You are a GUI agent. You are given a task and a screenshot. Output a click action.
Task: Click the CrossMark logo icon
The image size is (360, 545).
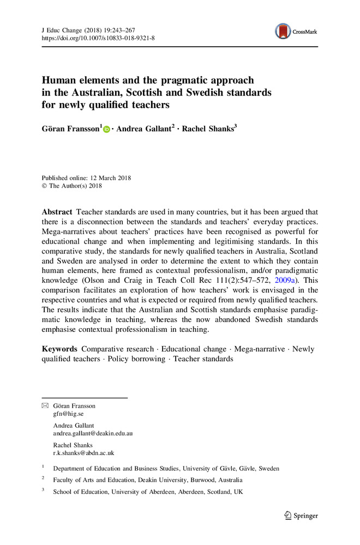(x=284, y=32)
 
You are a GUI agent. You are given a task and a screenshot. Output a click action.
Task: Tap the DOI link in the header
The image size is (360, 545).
(x=98, y=39)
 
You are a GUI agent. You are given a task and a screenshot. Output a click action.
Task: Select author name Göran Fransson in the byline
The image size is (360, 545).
(x=70, y=130)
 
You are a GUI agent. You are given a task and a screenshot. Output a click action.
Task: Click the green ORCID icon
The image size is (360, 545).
(x=106, y=130)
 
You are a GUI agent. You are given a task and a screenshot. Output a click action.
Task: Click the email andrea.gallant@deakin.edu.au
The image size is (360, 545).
(x=93, y=434)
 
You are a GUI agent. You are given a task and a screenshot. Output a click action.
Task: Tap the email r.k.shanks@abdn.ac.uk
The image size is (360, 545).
(x=83, y=453)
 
